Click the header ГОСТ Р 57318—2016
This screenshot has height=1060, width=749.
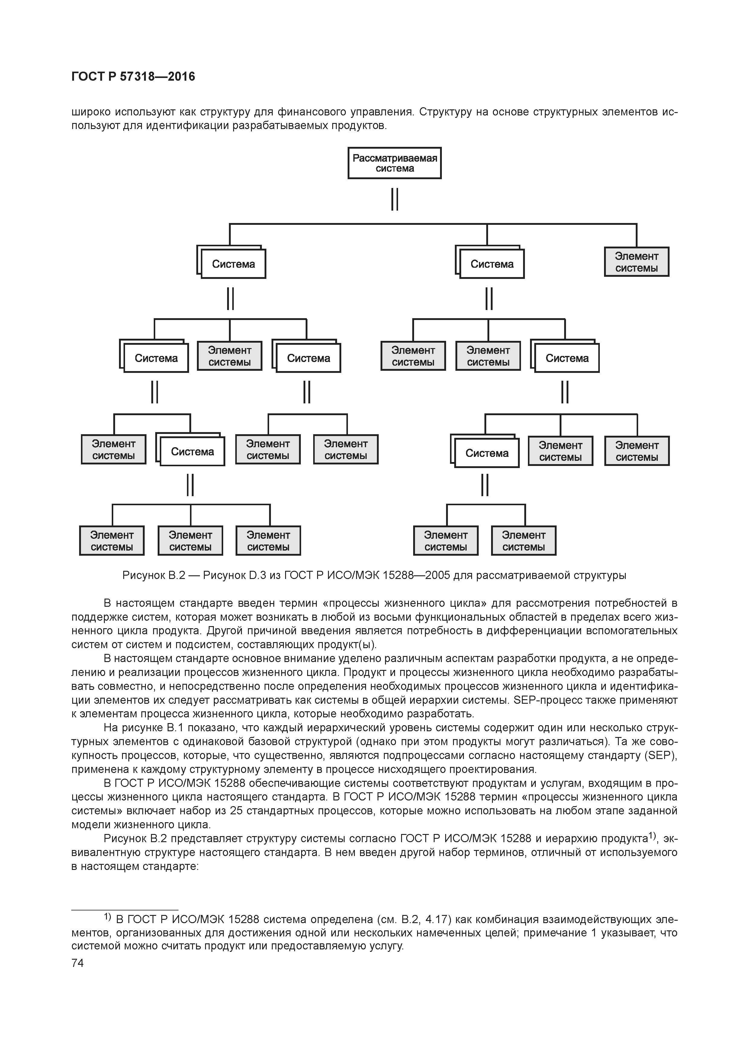[133, 77]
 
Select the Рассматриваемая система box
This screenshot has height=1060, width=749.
[394, 163]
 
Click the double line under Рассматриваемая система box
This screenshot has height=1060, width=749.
[394, 199]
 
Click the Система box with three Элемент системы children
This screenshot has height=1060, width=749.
[192, 451]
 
